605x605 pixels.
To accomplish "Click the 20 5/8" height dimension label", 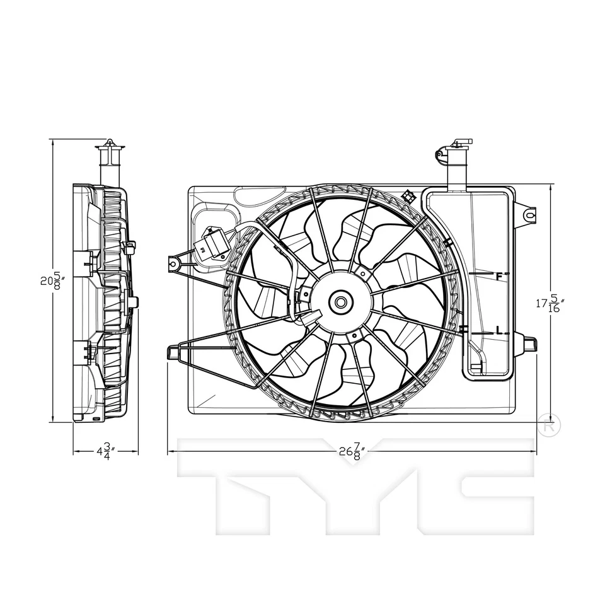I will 51,280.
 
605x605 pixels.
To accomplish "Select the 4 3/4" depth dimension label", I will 104,452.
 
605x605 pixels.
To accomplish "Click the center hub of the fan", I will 340,302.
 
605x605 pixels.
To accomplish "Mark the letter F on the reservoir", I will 499,276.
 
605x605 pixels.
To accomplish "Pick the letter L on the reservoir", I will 499,330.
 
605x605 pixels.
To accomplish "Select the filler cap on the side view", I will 110,149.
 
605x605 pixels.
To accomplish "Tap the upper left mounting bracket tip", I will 173,263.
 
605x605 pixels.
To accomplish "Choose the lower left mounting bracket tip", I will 172,353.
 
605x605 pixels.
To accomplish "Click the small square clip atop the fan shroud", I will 408,196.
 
